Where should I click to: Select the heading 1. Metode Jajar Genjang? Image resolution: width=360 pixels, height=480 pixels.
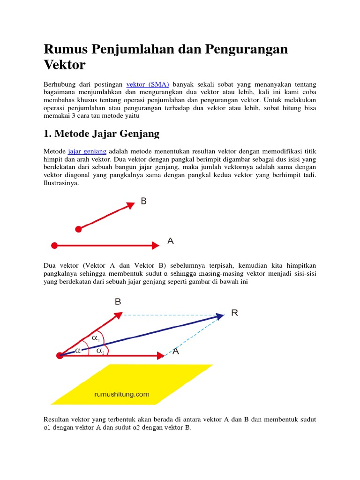point(101,134)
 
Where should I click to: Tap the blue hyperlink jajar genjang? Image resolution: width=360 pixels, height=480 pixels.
point(87,151)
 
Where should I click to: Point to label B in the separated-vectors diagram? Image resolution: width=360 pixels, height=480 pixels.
point(143,201)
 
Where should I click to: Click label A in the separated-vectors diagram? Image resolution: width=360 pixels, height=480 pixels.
point(171,241)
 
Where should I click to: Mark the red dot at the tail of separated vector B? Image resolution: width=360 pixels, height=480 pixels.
point(78,229)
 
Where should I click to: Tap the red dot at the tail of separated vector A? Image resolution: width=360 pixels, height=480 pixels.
point(54,245)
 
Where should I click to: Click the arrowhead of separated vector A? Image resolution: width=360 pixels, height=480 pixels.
point(156,245)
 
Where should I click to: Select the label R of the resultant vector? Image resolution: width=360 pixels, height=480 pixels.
point(234,313)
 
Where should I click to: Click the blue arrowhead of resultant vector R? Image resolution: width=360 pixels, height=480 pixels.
point(219,316)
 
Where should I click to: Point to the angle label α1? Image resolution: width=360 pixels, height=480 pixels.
point(96,338)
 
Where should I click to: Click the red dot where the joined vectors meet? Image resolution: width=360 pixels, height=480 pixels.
point(60,355)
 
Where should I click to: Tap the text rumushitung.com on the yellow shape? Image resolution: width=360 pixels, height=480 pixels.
point(122,394)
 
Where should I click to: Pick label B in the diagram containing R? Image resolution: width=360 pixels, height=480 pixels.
point(118,302)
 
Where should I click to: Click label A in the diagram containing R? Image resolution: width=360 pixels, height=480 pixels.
point(175,352)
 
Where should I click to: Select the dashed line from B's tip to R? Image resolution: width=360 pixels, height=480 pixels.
point(169,315)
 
